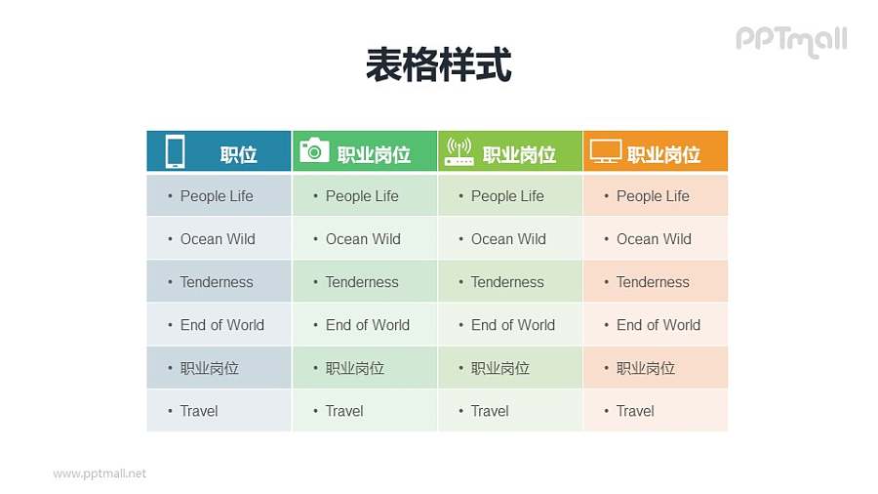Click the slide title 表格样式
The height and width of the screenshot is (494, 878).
[x=438, y=65]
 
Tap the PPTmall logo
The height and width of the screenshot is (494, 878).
[x=790, y=40]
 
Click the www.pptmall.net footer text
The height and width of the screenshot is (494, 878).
[x=100, y=473]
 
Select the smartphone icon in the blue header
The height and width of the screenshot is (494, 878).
[x=175, y=151]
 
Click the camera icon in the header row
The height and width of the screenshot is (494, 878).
[x=313, y=149]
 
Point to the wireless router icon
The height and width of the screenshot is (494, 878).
[x=459, y=150]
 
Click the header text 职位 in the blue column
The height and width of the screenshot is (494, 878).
[x=238, y=154]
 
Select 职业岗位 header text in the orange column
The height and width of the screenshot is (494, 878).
[x=663, y=154]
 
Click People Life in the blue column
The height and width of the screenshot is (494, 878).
[x=216, y=196]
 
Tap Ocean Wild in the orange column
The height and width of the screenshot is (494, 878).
[x=654, y=239]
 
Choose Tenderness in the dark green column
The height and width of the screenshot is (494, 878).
[x=362, y=282]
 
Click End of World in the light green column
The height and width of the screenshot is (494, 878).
[x=512, y=325]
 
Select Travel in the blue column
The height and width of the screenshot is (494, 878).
[x=199, y=411]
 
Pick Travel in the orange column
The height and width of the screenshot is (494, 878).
[x=635, y=411]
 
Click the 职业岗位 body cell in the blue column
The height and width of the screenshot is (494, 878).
[x=209, y=368]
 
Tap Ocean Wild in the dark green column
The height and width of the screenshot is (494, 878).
[x=363, y=239]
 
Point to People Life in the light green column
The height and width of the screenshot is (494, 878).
[x=507, y=196]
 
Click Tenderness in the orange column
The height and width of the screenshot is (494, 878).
[x=653, y=282]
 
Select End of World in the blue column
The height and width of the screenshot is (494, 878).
[x=221, y=325]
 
